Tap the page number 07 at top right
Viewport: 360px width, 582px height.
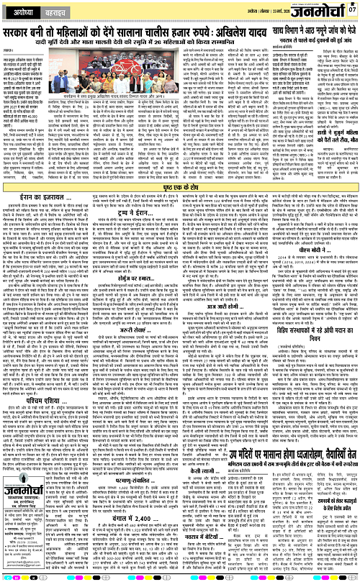(x=351, y=9)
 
